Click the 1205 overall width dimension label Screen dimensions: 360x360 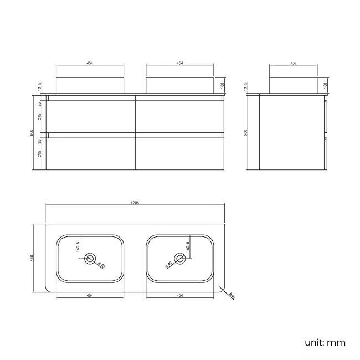click(x=135, y=203)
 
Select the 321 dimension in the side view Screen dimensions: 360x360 click(x=294, y=64)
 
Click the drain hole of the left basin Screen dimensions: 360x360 click(x=91, y=259)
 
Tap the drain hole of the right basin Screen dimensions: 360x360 click(x=179, y=259)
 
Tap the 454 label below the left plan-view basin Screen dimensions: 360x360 click(x=90, y=295)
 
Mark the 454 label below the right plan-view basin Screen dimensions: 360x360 click(x=179, y=295)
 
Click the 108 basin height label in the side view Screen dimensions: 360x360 click(x=325, y=85)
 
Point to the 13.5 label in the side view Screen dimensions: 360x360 click(x=246, y=88)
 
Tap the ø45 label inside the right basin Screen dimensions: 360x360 click(x=168, y=265)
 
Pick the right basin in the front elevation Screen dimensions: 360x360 click(x=179, y=85)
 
